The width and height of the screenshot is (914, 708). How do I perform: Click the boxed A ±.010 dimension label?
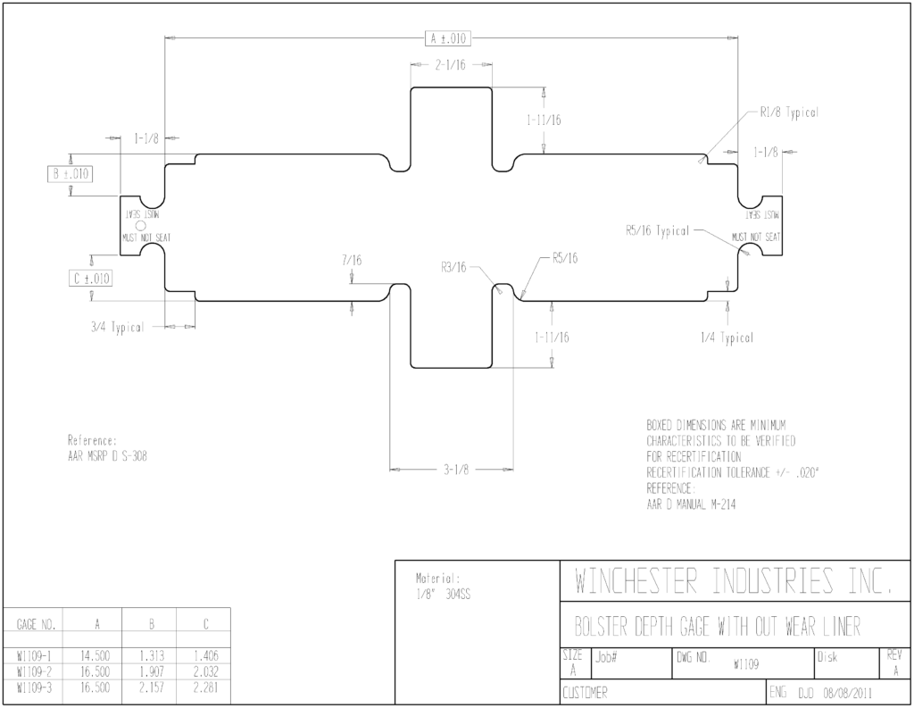point(448,39)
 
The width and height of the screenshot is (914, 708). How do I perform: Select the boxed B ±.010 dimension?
point(71,174)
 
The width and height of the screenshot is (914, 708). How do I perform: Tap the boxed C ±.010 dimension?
point(90,279)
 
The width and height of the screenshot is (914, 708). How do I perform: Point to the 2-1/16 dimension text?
point(451,65)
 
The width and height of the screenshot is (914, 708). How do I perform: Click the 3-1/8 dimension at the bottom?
point(456,470)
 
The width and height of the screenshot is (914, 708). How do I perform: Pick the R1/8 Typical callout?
point(789,112)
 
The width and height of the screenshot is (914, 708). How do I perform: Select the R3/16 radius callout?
point(453,267)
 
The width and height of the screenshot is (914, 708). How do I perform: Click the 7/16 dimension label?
point(352,260)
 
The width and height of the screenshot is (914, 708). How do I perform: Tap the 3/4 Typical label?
point(117,327)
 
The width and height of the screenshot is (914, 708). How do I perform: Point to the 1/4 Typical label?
point(727,337)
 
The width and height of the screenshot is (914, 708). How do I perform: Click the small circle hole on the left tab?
point(140,226)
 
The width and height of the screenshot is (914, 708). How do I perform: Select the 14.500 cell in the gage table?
point(95,656)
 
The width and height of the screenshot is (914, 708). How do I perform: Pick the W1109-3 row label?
point(35,688)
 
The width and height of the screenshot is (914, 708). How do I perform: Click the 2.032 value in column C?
point(206,672)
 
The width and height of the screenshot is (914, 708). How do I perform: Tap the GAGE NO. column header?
point(36,625)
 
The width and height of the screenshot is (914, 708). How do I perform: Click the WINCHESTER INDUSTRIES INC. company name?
point(734,581)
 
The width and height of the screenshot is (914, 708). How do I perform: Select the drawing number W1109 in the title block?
point(746,665)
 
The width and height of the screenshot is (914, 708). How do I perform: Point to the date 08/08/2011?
point(848,694)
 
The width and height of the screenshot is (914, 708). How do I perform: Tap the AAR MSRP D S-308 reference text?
point(107,456)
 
